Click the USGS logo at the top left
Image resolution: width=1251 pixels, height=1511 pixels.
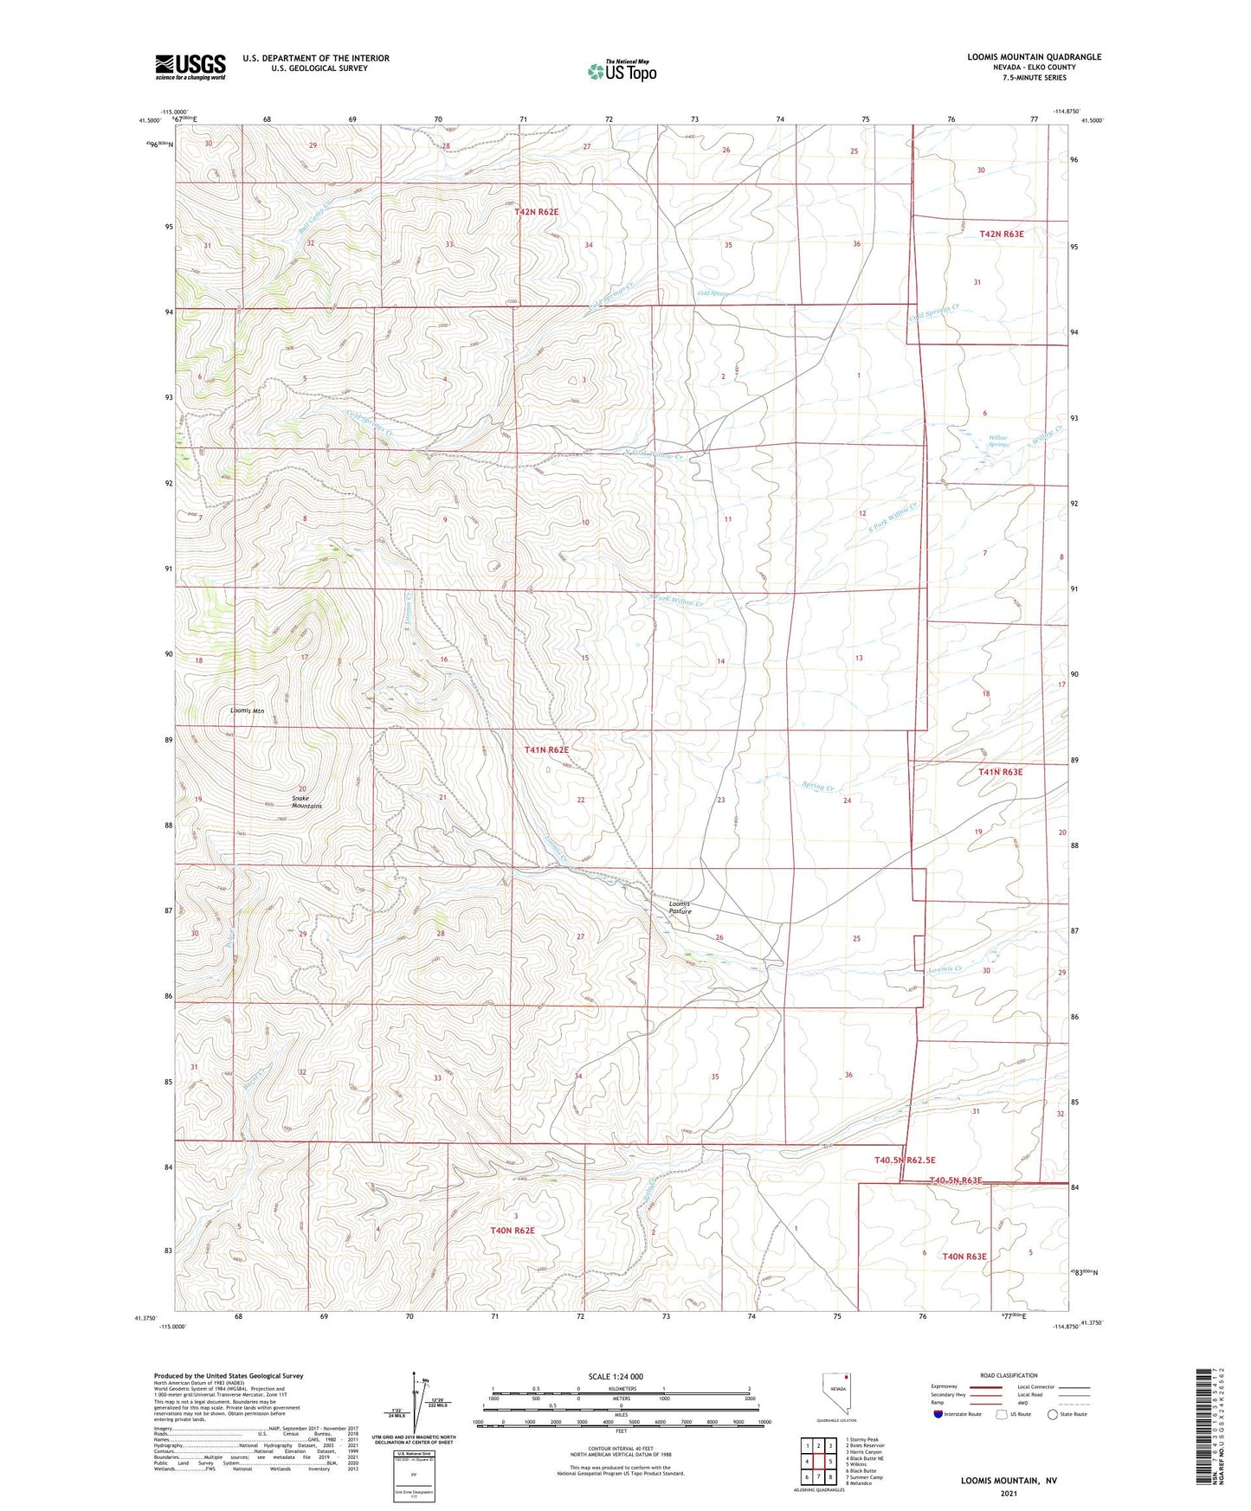click(190, 67)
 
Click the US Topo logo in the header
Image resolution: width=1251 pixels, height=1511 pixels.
click(621, 71)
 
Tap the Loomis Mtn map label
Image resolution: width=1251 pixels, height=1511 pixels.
click(247, 710)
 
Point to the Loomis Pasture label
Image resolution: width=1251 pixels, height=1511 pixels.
click(680, 907)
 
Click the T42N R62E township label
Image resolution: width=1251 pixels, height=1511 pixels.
click(541, 211)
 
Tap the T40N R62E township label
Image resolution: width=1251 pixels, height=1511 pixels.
click(513, 1230)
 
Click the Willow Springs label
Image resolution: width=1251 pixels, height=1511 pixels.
click(998, 441)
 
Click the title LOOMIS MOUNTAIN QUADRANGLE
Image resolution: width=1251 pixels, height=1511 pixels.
click(1034, 57)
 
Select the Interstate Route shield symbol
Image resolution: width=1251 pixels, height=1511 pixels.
click(940, 1414)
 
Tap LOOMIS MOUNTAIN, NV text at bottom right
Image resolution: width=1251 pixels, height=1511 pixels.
click(1009, 1481)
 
